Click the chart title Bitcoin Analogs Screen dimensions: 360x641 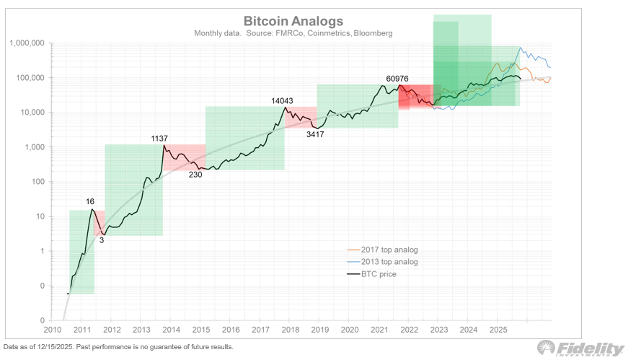tap(293, 21)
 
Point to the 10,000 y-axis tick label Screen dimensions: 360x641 tap(32, 113)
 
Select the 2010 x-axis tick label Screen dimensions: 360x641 tap(52, 330)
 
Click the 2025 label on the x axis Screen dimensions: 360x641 tap(497, 330)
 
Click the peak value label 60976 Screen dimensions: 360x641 tap(401, 78)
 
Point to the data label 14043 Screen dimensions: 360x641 tap(282, 101)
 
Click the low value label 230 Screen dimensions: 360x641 tap(195, 175)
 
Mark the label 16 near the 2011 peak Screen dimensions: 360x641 tap(90, 203)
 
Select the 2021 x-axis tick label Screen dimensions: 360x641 tap(379, 330)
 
